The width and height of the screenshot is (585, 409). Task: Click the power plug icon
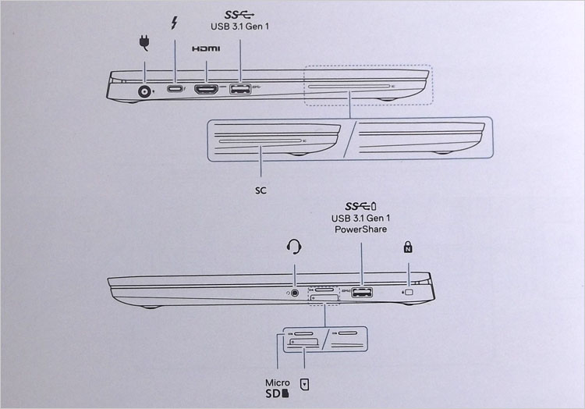pyautogui.click(x=144, y=43)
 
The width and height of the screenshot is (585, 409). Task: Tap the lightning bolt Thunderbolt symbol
pyautogui.click(x=174, y=23)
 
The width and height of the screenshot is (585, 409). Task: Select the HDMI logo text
pyautogui.click(x=206, y=49)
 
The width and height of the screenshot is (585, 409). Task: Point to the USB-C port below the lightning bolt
pyautogui.click(x=175, y=89)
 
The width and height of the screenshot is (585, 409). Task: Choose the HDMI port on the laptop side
pyautogui.click(x=206, y=90)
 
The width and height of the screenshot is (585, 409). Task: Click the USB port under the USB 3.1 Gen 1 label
pyautogui.click(x=240, y=89)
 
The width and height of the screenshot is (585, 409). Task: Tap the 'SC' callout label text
pyautogui.click(x=261, y=190)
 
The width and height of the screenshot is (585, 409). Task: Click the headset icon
pyautogui.click(x=294, y=247)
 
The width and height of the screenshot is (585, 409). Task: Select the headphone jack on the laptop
pyautogui.click(x=295, y=293)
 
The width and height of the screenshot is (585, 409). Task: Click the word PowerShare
pyautogui.click(x=360, y=229)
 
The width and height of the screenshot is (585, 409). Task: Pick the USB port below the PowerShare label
pyautogui.click(x=362, y=292)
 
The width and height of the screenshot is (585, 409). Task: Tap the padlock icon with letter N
pyautogui.click(x=408, y=247)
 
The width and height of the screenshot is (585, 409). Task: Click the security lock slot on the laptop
pyautogui.click(x=409, y=292)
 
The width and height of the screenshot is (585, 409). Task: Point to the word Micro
pyautogui.click(x=277, y=383)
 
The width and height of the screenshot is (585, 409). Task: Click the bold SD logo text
pyautogui.click(x=277, y=393)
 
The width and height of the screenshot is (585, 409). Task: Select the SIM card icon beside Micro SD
pyautogui.click(x=305, y=384)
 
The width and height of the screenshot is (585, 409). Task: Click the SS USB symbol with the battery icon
pyautogui.click(x=361, y=206)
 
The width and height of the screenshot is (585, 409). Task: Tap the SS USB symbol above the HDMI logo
pyautogui.click(x=239, y=15)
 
